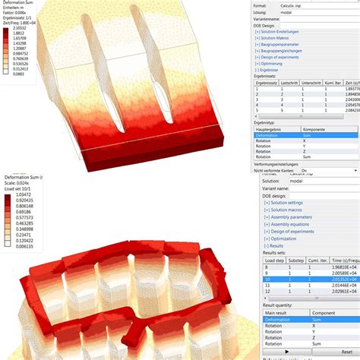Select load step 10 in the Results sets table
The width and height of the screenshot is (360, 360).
(x=267, y=279)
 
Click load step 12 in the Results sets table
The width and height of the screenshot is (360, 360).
(x=267, y=291)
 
